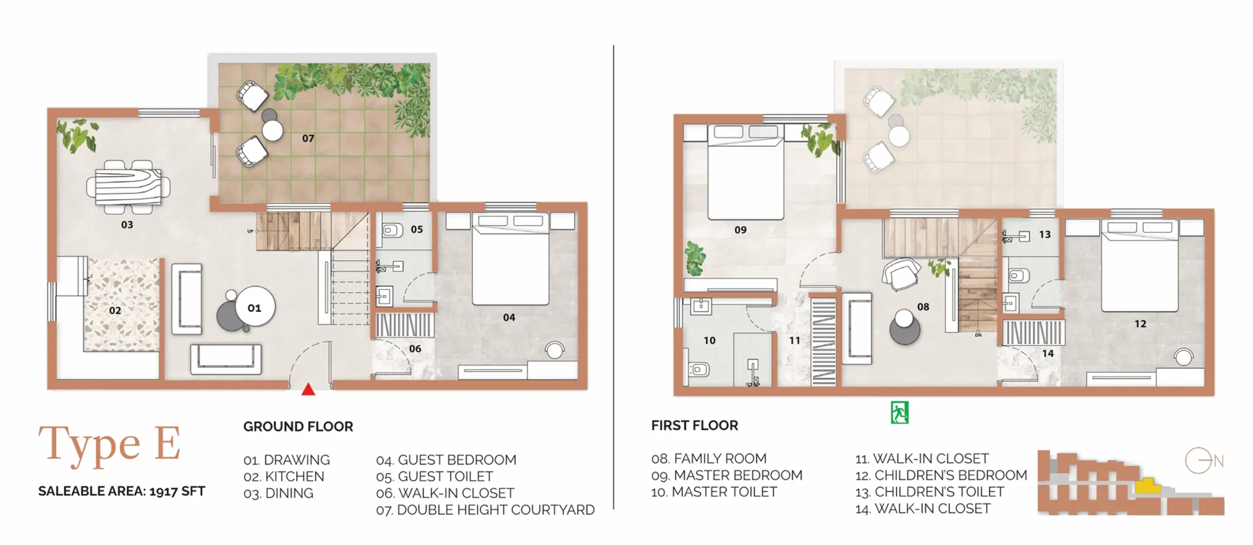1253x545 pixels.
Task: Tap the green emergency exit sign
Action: click(x=900, y=412)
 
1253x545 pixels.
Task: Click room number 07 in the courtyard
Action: click(x=308, y=138)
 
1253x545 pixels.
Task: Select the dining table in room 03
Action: click(x=128, y=187)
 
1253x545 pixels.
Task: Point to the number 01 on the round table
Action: click(x=255, y=308)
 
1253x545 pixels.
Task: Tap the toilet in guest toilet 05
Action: click(x=393, y=230)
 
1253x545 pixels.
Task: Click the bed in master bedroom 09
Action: click(x=746, y=172)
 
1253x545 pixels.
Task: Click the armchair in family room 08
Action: click(x=901, y=274)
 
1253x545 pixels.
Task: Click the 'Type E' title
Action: click(x=110, y=445)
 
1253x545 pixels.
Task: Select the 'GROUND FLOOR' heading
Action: click(x=298, y=427)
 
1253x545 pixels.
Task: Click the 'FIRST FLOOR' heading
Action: click(x=695, y=426)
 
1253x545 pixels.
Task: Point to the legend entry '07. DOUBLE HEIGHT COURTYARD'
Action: click(x=485, y=510)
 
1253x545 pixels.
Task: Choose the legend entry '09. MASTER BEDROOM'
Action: click(x=727, y=475)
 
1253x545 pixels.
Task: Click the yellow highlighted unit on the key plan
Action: click(x=1148, y=486)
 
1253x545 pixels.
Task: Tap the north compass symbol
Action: click(x=1204, y=461)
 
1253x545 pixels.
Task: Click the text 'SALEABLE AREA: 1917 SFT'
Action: click(x=122, y=491)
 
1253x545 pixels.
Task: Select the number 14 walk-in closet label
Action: click(x=1048, y=353)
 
